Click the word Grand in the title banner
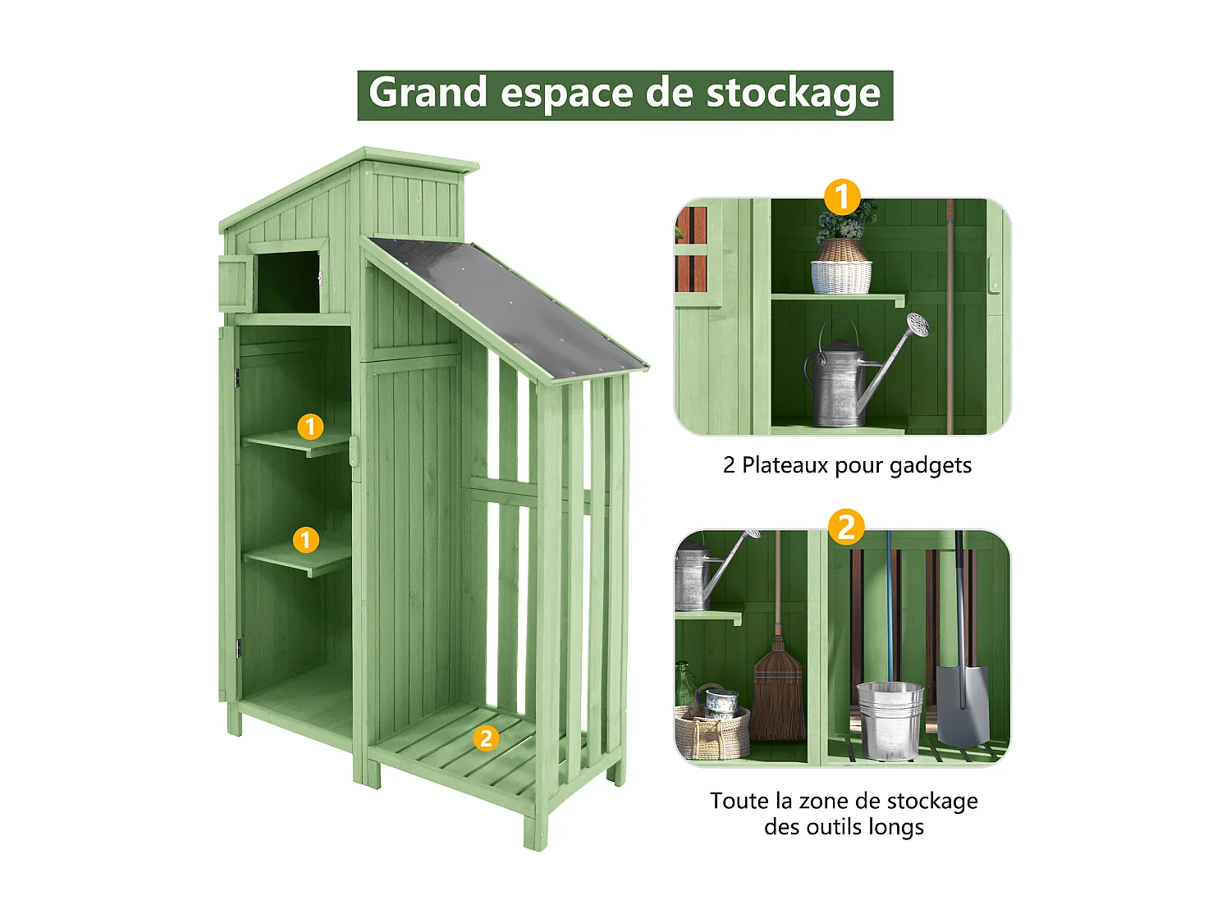pyautogui.click(x=428, y=93)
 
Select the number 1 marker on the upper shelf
pyautogui.click(x=310, y=427)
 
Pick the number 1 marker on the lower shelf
pyautogui.click(x=306, y=540)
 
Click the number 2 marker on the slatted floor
pyautogui.click(x=486, y=738)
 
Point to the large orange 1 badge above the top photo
pyautogui.click(x=842, y=198)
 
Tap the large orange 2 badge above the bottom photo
pyautogui.click(x=846, y=528)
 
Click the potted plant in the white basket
pyautogui.click(x=842, y=254)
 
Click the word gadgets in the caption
pyautogui.click(x=931, y=466)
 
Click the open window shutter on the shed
pyautogui.click(x=235, y=283)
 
